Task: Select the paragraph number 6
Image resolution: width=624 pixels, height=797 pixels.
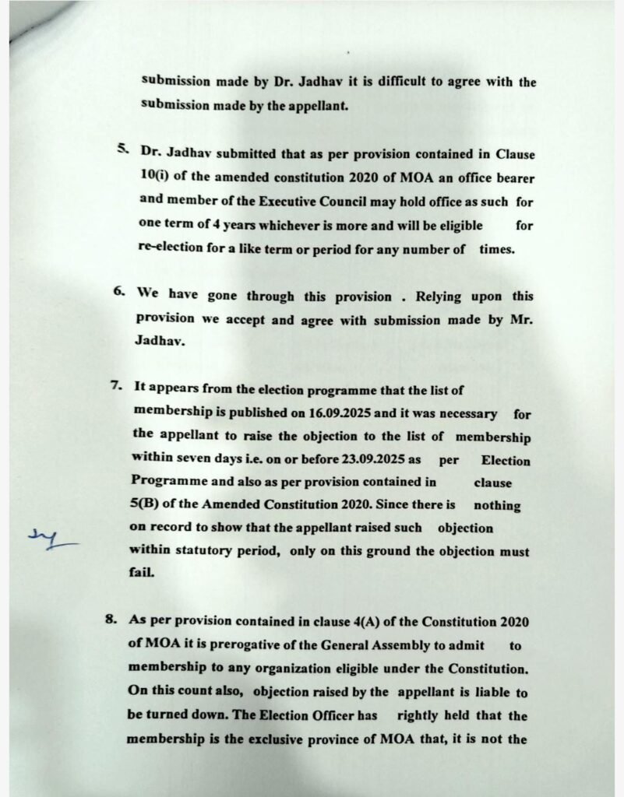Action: (x=119, y=293)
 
